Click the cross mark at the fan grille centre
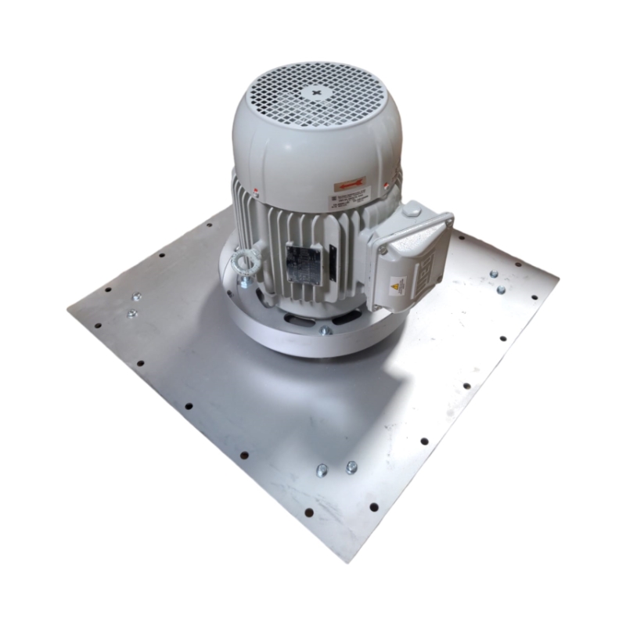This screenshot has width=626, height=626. [x=316, y=93]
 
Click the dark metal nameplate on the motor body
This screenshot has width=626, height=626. [x=301, y=263]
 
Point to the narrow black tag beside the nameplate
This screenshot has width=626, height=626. [x=332, y=260]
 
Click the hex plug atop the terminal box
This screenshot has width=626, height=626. [x=412, y=210]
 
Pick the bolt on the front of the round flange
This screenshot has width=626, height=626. [x=326, y=329]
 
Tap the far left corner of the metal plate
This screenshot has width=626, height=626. [x=69, y=308]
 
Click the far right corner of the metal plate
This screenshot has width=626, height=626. [x=557, y=276]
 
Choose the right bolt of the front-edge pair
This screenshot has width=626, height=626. [x=351, y=467]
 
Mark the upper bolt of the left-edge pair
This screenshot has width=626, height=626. [x=137, y=297]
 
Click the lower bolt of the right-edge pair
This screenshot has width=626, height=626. [x=501, y=289]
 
